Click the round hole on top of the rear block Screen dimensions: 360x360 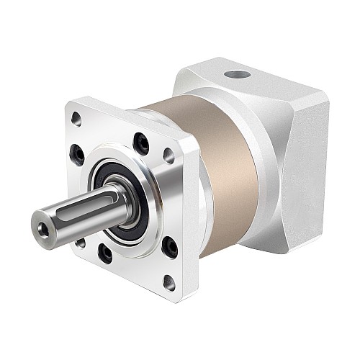click(x=235, y=74)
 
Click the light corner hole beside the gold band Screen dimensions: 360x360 click(x=168, y=154)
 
